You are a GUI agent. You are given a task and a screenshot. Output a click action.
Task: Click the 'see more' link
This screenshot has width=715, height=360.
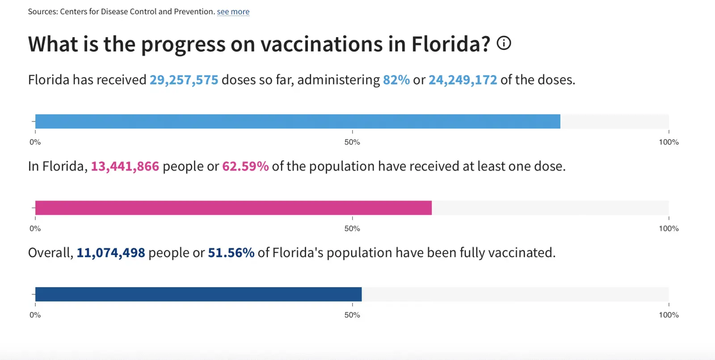(233, 12)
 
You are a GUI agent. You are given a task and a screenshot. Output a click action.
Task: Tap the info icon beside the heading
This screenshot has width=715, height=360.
(504, 43)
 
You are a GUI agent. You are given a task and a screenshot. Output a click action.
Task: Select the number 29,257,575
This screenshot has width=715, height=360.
(184, 80)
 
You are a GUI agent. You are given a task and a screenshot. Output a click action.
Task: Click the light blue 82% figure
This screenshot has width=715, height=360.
(396, 80)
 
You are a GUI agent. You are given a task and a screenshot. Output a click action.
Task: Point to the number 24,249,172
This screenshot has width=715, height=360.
(463, 80)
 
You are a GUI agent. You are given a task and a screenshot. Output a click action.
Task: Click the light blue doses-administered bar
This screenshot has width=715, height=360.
(298, 121)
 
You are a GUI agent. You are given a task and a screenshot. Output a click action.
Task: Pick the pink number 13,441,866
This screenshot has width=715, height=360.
(125, 167)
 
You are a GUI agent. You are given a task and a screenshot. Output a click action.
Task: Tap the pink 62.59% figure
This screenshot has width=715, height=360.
(245, 167)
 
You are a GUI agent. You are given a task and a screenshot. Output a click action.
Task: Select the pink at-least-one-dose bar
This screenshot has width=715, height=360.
(233, 208)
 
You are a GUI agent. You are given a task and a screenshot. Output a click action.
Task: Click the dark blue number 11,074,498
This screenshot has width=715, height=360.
(110, 253)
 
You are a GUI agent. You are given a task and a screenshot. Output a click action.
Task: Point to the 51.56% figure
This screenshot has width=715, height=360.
(231, 253)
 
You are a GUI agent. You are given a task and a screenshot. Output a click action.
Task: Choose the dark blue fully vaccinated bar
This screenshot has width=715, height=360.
(198, 294)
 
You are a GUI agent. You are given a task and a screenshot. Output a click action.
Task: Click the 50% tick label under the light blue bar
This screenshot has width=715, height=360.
(352, 142)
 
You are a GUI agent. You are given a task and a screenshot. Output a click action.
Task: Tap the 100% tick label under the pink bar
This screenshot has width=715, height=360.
(669, 229)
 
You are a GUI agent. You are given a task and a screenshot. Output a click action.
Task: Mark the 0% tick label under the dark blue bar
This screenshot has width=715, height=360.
(35, 315)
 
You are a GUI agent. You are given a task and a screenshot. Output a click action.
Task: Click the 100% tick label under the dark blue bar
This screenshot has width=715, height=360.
(669, 315)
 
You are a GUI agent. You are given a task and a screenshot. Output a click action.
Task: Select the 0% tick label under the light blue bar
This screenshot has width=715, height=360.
(35, 142)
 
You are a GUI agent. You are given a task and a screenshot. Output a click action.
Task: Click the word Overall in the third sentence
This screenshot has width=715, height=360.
(50, 253)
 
